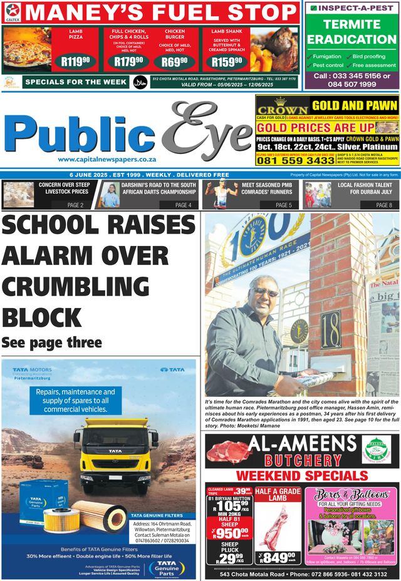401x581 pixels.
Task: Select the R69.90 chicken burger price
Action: [170, 61]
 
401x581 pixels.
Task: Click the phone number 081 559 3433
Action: [295, 161]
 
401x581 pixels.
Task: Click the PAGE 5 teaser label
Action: [284, 205]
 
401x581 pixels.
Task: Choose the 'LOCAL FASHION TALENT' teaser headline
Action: [365, 185]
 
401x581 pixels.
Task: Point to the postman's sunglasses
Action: [266, 292]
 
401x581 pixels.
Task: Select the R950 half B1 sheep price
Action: [228, 533]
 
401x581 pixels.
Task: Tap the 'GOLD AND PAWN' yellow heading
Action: [355, 106]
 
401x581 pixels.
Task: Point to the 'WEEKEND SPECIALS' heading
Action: [301, 476]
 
